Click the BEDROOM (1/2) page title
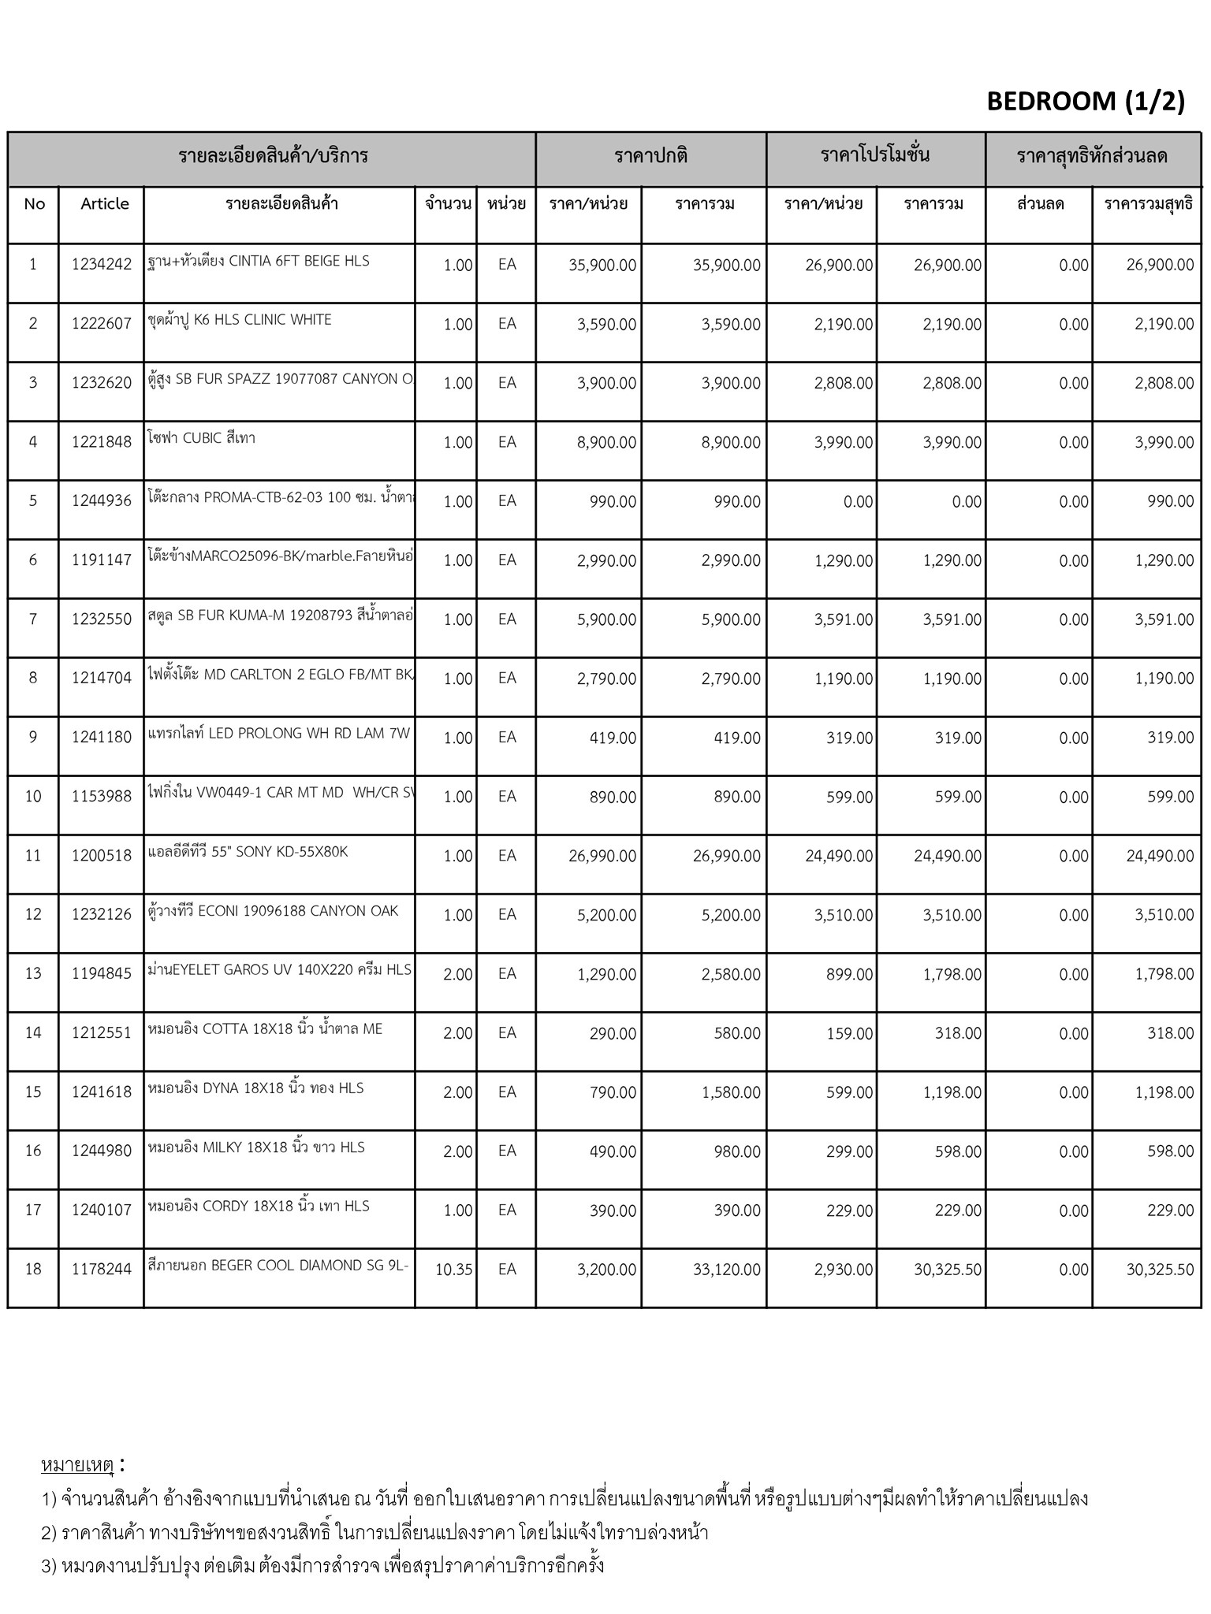coord(1086,101)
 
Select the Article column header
coord(104,204)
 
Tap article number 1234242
coord(102,265)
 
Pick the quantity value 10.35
coord(453,1270)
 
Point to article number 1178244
coord(102,1270)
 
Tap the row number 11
coord(33,856)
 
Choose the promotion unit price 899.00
coord(849,975)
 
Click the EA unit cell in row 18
coord(507,1270)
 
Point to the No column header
coord(35,204)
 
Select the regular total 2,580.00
coord(731,975)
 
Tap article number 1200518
coord(102,856)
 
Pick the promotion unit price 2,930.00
coord(843,1270)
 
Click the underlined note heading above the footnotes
coord(78,1466)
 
